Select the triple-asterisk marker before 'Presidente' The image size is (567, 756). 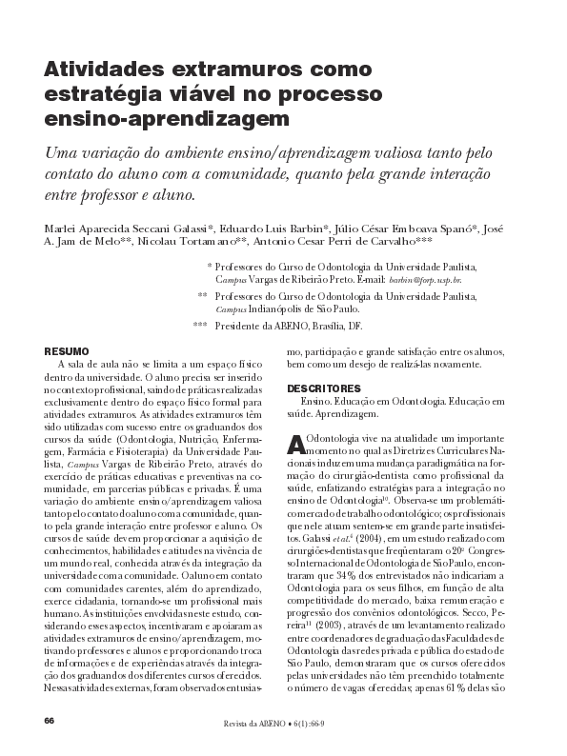pyautogui.click(x=199, y=326)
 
